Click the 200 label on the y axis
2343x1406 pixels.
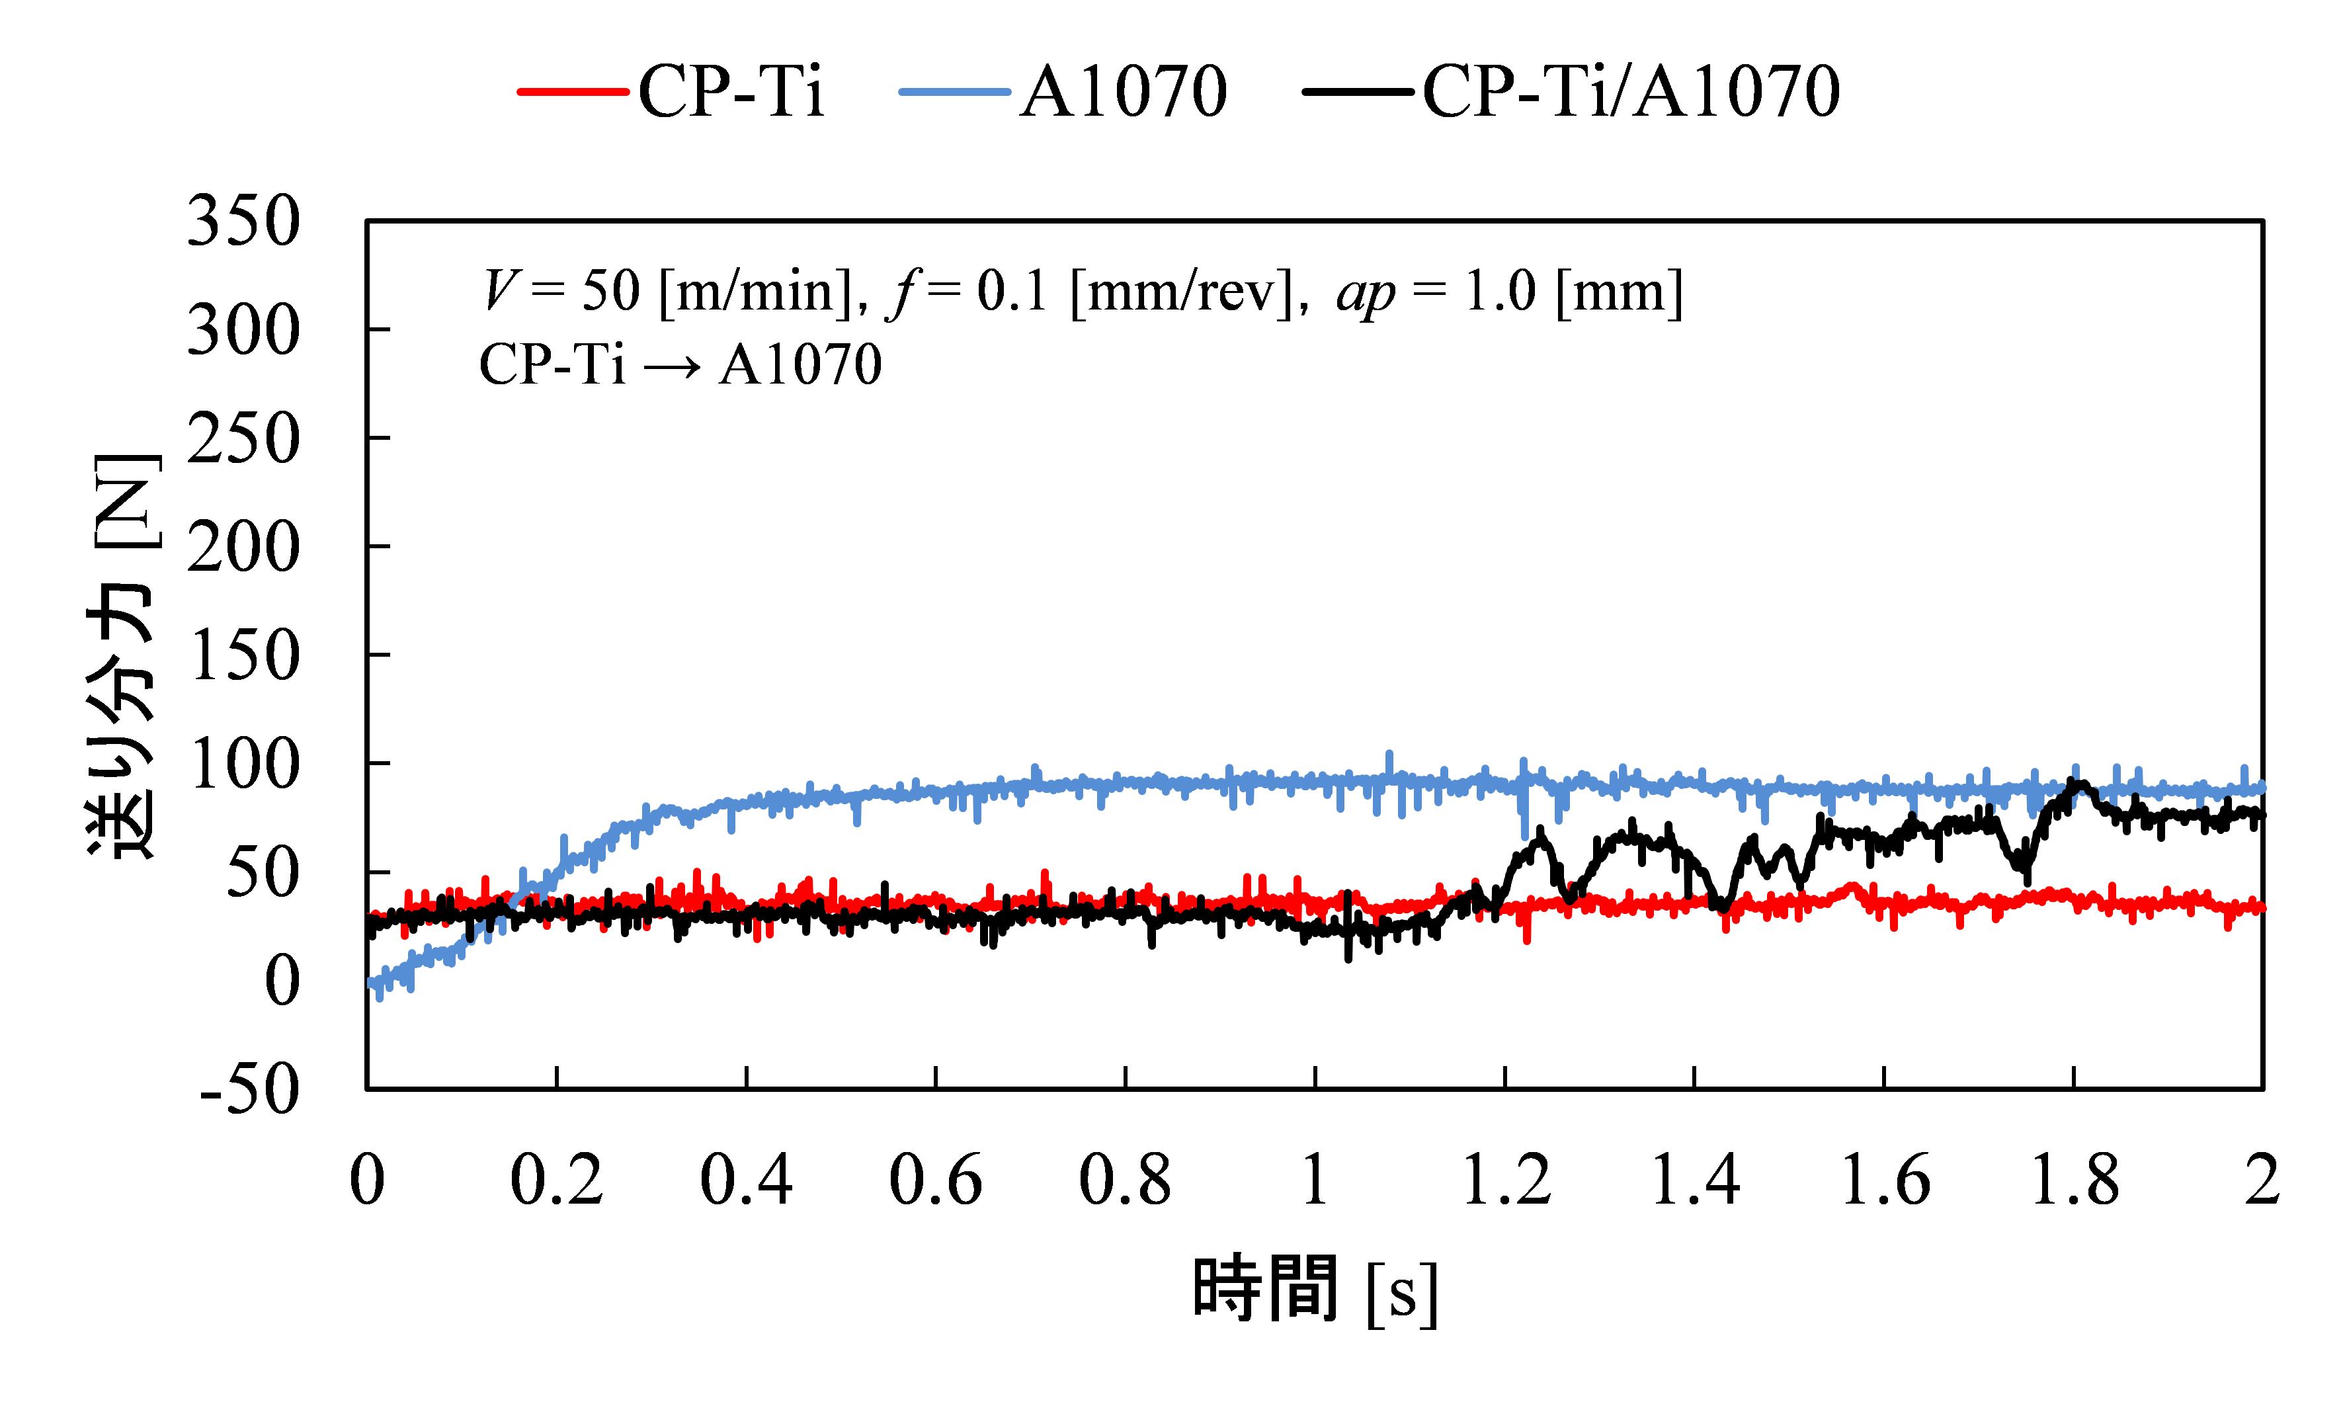click(x=243, y=548)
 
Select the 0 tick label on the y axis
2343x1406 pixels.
click(x=282, y=981)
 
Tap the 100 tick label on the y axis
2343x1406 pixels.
click(x=243, y=765)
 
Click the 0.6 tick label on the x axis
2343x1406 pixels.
click(x=935, y=1180)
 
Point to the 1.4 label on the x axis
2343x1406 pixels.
click(x=1694, y=1180)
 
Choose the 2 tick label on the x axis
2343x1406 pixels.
click(x=2262, y=1180)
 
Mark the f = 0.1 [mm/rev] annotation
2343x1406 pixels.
click(x=1090, y=291)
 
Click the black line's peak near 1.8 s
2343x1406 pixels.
click(x=2071, y=782)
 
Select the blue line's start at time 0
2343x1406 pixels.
click(x=370, y=983)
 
